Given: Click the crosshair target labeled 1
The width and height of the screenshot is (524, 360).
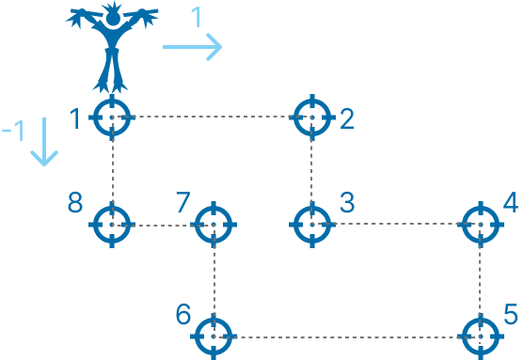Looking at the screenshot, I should (112, 117).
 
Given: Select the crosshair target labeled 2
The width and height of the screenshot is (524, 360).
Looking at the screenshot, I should (312, 117).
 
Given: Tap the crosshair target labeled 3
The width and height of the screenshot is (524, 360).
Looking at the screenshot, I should (312, 225).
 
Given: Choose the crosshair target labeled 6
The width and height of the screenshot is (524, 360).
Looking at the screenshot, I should (214, 335).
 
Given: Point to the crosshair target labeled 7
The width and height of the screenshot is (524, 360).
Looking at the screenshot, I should (214, 225).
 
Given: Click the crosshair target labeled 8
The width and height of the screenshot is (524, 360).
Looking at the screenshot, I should (112, 225).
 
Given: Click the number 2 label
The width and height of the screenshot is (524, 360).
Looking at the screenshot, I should (346, 118).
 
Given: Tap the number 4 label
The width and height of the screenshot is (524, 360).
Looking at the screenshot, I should (511, 202).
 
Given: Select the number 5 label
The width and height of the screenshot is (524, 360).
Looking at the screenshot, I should (511, 312).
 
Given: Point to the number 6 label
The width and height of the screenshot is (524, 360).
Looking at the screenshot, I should (183, 314).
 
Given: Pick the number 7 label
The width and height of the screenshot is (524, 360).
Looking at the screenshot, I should (183, 202).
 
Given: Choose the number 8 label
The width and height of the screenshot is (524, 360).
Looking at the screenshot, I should (76, 202).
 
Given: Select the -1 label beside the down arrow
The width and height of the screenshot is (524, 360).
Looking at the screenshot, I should (13, 131).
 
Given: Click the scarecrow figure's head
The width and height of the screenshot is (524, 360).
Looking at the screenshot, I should (113, 15).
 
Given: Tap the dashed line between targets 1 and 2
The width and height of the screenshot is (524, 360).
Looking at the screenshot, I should (212, 117).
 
